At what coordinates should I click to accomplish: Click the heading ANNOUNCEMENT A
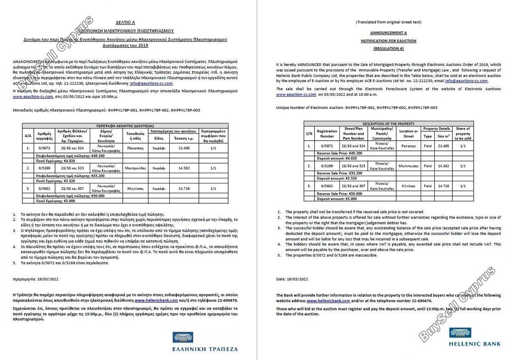(388, 32)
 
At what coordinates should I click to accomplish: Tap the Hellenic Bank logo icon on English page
(460, 332)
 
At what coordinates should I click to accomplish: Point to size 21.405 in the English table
(443, 146)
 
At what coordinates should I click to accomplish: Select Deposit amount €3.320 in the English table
(336, 178)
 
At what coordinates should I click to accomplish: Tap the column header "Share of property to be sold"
(463, 133)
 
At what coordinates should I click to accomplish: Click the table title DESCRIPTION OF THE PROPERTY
(388, 124)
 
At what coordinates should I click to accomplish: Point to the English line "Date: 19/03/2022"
(292, 279)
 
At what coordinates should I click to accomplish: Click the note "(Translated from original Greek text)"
(388, 21)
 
